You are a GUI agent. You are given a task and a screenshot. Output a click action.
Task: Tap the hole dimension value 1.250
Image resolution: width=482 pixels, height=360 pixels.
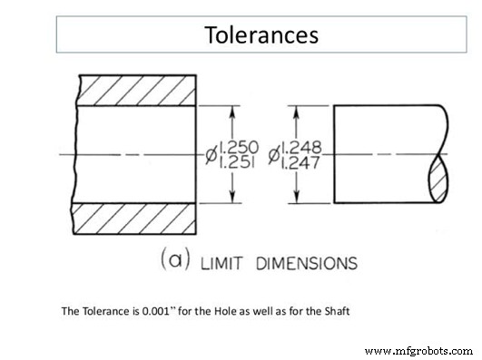click(240, 146)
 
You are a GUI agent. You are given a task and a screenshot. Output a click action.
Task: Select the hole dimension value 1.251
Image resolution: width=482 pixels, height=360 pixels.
click(240, 163)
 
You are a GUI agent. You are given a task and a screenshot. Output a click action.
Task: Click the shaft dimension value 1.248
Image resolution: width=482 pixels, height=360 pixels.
click(301, 146)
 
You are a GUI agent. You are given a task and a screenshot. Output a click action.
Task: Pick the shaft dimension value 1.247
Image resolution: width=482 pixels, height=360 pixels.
click(301, 163)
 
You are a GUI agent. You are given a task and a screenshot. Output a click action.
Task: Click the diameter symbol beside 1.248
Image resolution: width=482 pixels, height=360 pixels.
click(273, 154)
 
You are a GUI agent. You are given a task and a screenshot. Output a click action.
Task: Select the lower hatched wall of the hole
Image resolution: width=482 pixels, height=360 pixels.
click(136, 221)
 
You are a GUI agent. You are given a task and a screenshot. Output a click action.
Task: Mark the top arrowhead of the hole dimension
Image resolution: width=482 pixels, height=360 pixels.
click(235, 113)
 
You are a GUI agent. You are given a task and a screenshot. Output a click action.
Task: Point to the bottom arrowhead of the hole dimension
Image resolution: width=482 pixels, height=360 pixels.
click(235, 197)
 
